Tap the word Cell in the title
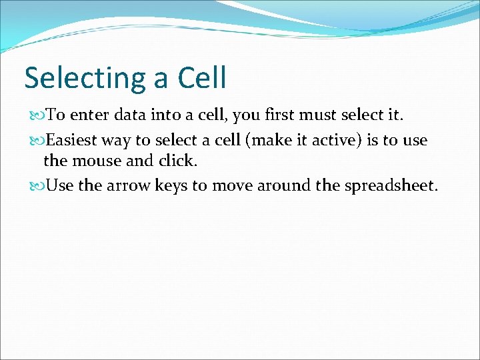202,77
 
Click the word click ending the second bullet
177,161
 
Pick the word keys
171,185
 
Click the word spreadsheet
391,185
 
